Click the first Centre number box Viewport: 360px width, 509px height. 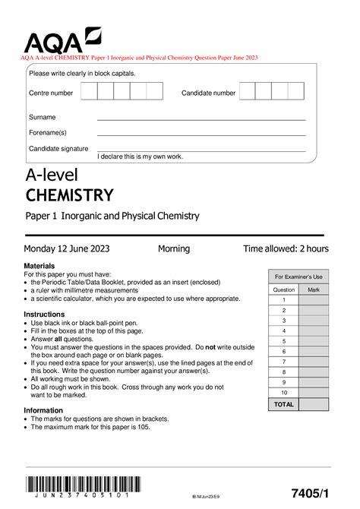pos(88,92)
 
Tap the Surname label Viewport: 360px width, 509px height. pos(42,118)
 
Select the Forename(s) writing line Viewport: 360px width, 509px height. pos(201,134)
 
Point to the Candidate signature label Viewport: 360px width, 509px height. pos(58,149)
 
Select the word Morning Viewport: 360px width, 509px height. pos(174,248)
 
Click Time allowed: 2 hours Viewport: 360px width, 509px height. pos(286,248)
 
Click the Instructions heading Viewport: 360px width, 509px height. pos(49,314)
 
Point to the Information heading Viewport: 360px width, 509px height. pos(48,410)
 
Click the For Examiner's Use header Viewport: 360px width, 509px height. pos(298,277)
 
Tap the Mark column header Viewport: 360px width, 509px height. pos(314,289)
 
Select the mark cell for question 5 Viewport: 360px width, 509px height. pos(314,341)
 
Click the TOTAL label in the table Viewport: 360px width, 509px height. pos(283,404)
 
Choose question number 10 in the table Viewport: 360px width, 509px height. pos(283,392)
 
